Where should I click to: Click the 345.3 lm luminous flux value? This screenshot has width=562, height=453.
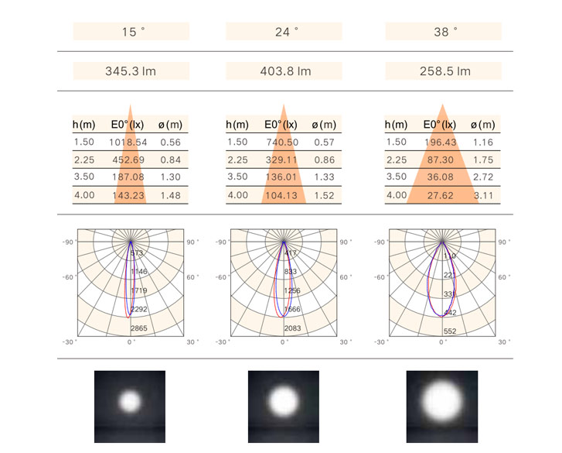pos(131,71)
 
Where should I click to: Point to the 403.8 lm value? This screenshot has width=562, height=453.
pos(284,71)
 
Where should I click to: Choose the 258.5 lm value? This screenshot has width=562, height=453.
pos(444,71)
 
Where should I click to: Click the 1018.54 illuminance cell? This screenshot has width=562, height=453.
pos(128,142)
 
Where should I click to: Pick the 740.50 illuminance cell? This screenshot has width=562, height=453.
pos(281,142)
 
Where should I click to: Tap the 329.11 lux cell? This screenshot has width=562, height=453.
pos(281,160)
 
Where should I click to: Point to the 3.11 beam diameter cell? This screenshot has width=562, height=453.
pos(484,196)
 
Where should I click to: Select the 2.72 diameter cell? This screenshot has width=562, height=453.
pos(484,177)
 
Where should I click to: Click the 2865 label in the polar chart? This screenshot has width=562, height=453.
pos(139,329)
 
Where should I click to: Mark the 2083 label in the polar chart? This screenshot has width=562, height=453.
pos(293,329)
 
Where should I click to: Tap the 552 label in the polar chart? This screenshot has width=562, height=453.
pos(450,331)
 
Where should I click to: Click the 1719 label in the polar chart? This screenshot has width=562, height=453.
pos(139,290)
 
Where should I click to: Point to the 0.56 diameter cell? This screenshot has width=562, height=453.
pos(170,142)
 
